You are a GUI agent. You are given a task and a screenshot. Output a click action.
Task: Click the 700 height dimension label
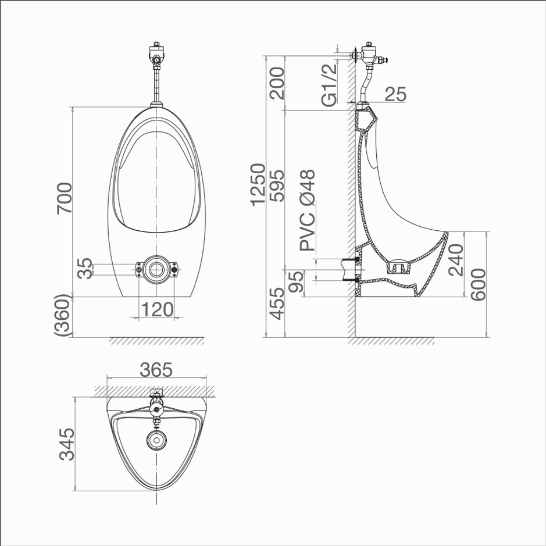pos(65,198)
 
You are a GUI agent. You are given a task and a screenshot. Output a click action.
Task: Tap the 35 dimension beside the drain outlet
pos(85,269)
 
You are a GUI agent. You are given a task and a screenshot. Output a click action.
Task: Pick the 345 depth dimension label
pos(67,445)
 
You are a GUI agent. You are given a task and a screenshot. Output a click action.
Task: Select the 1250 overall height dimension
pos(258,184)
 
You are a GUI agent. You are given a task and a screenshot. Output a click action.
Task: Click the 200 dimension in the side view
pos(277,83)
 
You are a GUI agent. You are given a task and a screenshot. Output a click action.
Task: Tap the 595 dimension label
pos(277,185)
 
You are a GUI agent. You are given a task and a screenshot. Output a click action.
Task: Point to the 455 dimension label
pos(277,304)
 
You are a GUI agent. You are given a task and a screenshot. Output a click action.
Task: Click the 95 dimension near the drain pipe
pos(297,283)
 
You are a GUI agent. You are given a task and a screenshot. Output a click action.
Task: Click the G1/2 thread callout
pos(330,85)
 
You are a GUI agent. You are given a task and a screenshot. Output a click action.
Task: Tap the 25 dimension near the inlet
pos(395,94)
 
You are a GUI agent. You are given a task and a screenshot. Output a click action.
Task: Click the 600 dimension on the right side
pos(478,285)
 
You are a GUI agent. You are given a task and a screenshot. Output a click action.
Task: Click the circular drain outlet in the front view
pos(156,269)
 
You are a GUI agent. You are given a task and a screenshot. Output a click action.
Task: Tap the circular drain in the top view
pos(156,439)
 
